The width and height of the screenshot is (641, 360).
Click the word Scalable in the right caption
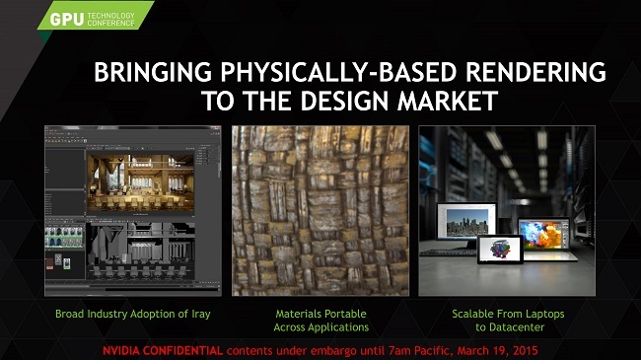point(473,314)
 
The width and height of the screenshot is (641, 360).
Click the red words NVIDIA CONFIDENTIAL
point(163,350)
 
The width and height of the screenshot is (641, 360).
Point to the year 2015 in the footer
point(524,350)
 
